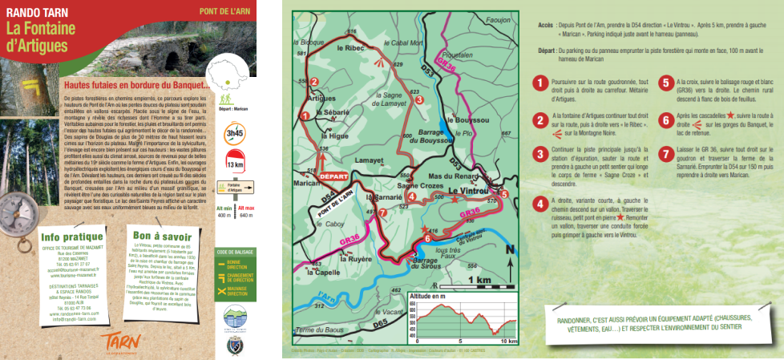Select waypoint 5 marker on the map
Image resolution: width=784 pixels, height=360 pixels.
click(504, 193)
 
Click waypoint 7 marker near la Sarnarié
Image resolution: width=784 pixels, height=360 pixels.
click(382, 212)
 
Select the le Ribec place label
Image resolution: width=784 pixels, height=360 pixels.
click(350, 48)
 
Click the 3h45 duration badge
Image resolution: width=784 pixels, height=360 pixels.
click(234, 133)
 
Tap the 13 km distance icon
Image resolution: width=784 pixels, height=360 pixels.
click(234, 164)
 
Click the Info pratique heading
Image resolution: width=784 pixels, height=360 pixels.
click(72, 237)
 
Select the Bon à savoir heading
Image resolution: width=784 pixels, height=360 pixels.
click(162, 237)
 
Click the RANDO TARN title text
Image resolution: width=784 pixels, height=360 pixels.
click(32, 11)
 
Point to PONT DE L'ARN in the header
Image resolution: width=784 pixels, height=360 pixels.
click(225, 11)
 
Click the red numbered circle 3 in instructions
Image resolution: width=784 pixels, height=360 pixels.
click(542, 153)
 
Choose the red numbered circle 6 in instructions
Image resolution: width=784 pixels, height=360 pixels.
click(665, 118)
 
